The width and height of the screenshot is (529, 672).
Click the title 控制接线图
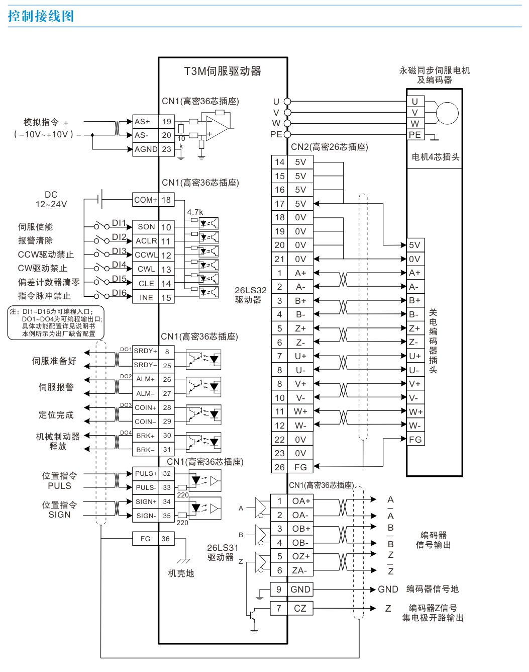(x=41, y=16)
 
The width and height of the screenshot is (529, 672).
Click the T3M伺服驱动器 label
(x=223, y=71)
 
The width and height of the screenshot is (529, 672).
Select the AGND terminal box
(x=146, y=149)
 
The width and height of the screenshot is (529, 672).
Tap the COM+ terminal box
(x=145, y=200)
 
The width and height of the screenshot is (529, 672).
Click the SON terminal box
(x=146, y=227)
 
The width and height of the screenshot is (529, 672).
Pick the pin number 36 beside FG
(x=166, y=539)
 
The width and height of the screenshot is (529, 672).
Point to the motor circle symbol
(x=447, y=113)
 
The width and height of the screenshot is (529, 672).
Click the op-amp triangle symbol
(x=217, y=128)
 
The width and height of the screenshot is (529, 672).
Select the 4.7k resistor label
(x=195, y=212)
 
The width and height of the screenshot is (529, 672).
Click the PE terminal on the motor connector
(x=415, y=135)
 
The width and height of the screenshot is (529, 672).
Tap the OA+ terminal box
(x=300, y=501)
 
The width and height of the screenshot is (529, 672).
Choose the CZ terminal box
(x=300, y=608)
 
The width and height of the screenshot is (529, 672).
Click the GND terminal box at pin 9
(x=300, y=589)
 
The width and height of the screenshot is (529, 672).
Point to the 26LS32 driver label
(x=251, y=295)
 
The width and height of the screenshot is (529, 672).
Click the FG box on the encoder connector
(x=415, y=439)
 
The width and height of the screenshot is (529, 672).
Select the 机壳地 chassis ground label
(x=181, y=573)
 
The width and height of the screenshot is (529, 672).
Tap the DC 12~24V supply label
(x=51, y=199)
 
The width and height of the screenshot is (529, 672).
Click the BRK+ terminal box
(x=145, y=436)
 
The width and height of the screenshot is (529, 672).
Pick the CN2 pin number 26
(x=279, y=467)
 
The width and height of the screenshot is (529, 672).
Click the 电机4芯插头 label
(x=436, y=157)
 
